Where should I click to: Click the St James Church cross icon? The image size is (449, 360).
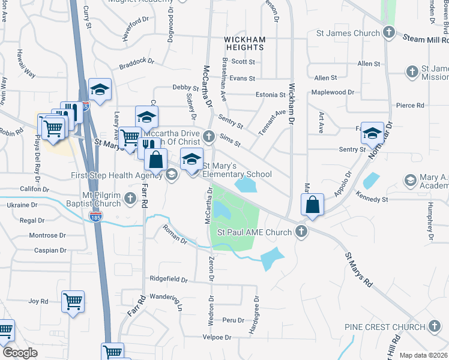click(389, 33)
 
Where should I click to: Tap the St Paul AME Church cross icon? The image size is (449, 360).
click(301, 232)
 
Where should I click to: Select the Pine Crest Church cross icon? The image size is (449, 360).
click(434, 327)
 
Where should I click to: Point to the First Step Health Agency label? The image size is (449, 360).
click(117, 175)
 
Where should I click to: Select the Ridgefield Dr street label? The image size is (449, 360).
click(169, 280)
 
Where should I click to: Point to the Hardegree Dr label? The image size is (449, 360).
click(257, 314)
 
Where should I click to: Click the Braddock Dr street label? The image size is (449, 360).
click(137, 62)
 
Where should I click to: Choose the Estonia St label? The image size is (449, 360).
click(270, 95)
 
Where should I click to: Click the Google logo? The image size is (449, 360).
click(20, 353)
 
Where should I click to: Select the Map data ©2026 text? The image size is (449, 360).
click(424, 355)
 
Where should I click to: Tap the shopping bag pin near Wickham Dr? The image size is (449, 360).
click(313, 204)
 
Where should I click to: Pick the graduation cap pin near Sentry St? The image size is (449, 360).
click(372, 133)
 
